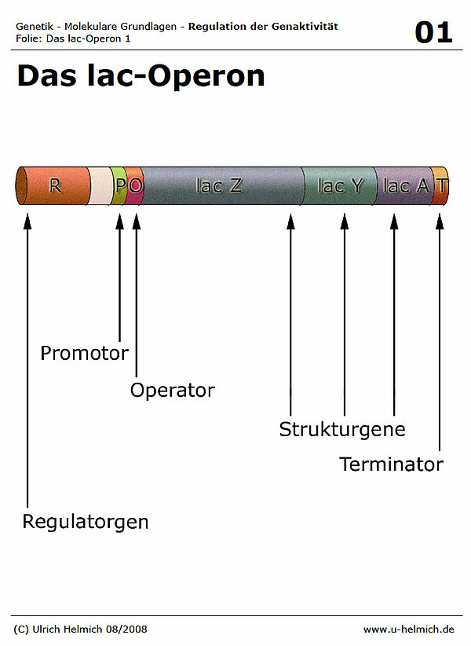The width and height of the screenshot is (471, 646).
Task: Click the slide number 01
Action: (x=433, y=32)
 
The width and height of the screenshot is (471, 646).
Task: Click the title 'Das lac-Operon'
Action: (x=141, y=76)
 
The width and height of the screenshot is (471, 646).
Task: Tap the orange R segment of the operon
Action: (x=53, y=186)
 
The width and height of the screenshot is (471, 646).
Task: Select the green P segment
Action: (x=119, y=186)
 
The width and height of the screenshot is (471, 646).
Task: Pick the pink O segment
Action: (x=135, y=186)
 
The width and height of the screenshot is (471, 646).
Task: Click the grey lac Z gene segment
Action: (x=220, y=186)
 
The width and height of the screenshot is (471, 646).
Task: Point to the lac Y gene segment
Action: (x=340, y=186)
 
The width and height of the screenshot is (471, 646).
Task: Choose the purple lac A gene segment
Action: (x=404, y=186)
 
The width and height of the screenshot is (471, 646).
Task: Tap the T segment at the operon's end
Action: (x=442, y=186)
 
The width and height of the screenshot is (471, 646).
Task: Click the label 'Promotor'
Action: (x=84, y=354)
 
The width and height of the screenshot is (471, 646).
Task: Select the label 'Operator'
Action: (x=172, y=390)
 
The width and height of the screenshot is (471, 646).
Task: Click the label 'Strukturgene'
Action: (x=342, y=429)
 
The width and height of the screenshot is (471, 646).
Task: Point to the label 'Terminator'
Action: (x=391, y=464)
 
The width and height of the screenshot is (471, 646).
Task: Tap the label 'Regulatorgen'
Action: (x=85, y=521)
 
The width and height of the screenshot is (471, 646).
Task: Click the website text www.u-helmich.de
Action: (x=408, y=629)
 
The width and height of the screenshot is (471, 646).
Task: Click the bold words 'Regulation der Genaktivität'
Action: (x=264, y=27)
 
